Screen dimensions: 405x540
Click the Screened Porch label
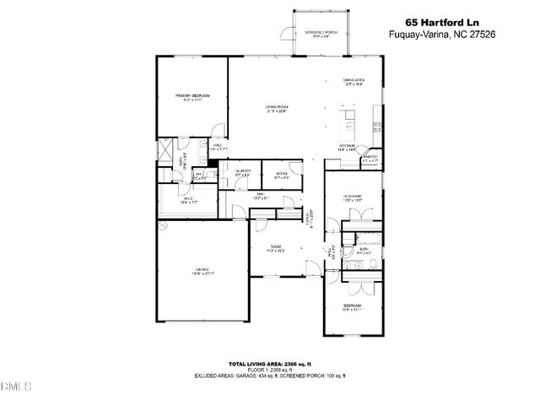click(321, 33)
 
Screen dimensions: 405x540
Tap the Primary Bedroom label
click(192, 98)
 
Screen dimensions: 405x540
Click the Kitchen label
click(347, 147)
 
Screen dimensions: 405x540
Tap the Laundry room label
click(243, 173)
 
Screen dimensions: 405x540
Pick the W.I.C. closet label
click(188, 200)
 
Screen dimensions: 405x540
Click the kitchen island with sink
click(348, 122)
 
